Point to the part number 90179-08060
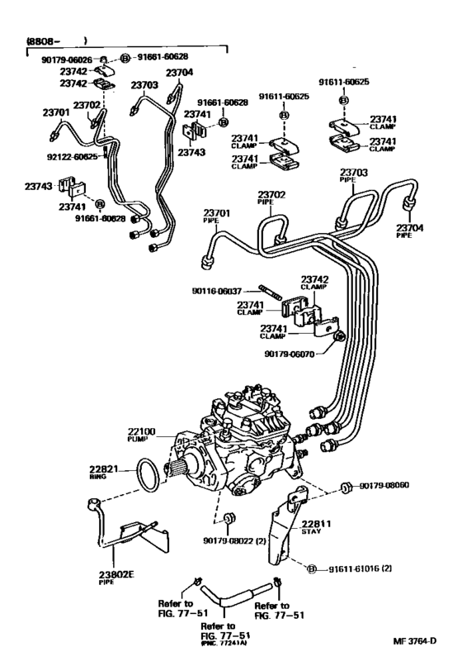coord(392,486)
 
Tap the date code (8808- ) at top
coord(58,39)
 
